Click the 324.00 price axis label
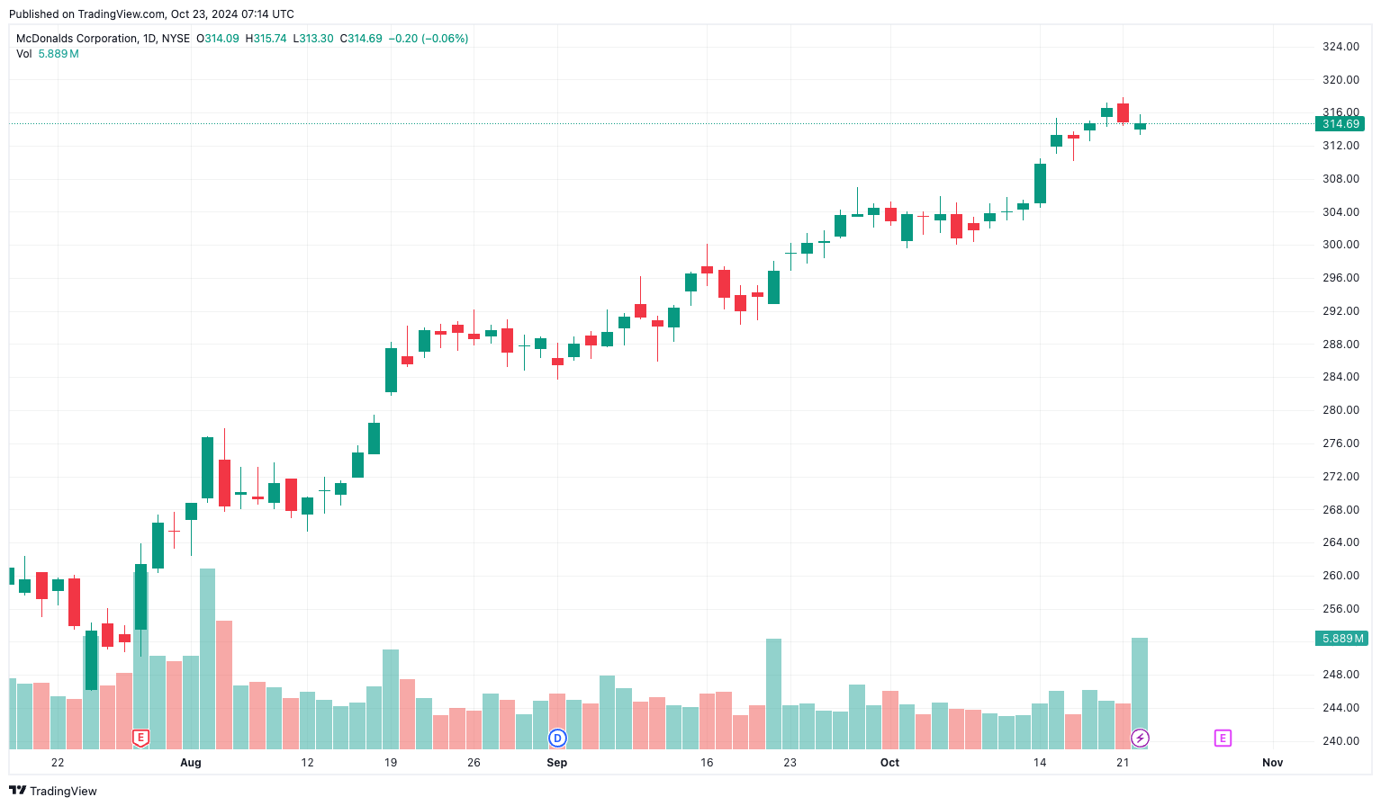[1340, 47]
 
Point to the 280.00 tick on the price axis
[1340, 410]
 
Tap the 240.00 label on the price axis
[1340, 741]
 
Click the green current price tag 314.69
[1340, 124]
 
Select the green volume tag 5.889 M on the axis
[1341, 639]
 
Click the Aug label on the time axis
[191, 763]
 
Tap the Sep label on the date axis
[557, 763]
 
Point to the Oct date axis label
[889, 763]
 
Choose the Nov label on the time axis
[1272, 763]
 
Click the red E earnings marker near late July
[140, 739]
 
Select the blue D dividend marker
[557, 739]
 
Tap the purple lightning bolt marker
[1140, 739]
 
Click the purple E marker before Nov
[1223, 739]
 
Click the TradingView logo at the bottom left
[53, 791]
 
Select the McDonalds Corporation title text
[77, 39]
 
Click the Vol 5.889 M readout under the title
[48, 54]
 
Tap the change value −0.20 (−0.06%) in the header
[429, 39]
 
